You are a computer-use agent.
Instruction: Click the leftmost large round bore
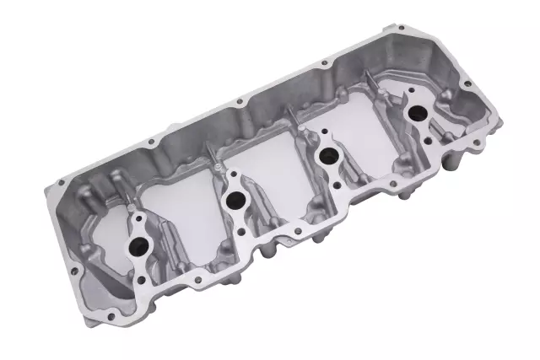point(138,246)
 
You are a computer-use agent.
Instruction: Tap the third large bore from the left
point(323,156)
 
